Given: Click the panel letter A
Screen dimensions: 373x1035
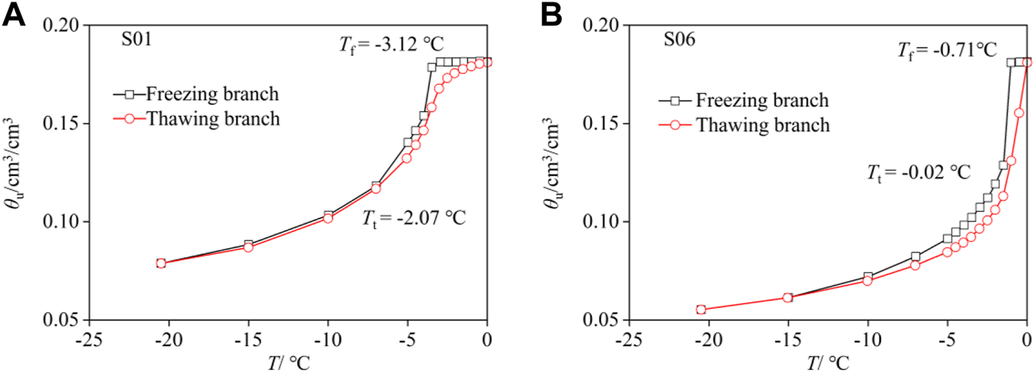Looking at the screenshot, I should click(14, 15).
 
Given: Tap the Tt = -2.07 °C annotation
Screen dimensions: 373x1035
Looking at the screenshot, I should click(414, 217).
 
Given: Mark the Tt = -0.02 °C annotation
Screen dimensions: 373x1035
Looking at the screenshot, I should click(918, 173).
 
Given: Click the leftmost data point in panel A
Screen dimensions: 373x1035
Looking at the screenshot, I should click(161, 263).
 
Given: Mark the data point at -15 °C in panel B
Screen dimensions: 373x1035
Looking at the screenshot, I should click(787, 298).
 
